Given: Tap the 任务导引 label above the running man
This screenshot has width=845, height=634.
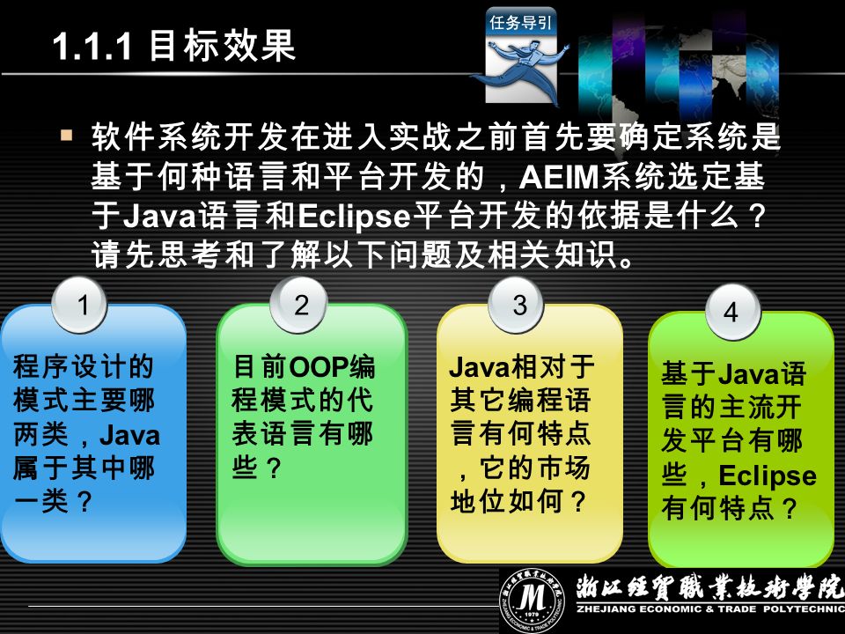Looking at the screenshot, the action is pyautogui.click(x=520, y=22).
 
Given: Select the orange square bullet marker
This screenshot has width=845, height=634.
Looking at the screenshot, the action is pyautogui.click(x=67, y=134).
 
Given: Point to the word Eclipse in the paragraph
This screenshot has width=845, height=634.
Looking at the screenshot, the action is pyautogui.click(x=354, y=217).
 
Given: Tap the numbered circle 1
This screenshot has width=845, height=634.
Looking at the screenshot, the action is pyautogui.click(x=80, y=306).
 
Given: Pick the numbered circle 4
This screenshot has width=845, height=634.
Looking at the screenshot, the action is pyautogui.click(x=732, y=312).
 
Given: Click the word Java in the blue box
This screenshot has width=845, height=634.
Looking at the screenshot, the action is pyautogui.click(x=130, y=435).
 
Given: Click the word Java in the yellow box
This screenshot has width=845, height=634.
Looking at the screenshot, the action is pyautogui.click(x=479, y=367).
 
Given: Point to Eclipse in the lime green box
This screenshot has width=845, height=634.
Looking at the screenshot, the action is pyautogui.click(x=768, y=476).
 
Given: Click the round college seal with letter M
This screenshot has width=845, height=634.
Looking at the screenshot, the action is pyautogui.click(x=532, y=600).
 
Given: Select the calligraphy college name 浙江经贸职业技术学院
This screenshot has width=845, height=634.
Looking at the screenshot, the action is pyautogui.click(x=709, y=587).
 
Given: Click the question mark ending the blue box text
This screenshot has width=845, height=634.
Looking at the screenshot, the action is pyautogui.click(x=85, y=503).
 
